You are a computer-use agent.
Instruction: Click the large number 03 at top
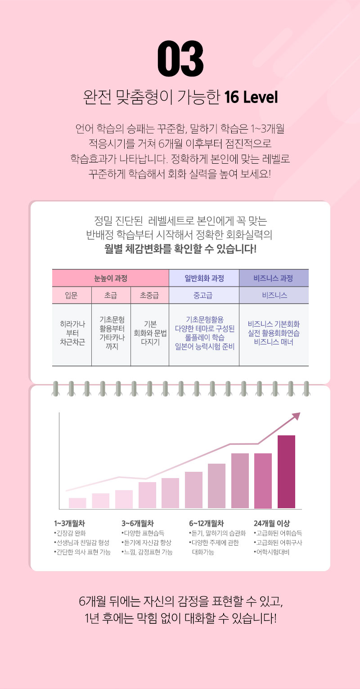click(180, 59)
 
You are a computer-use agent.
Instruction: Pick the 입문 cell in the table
click(72, 295)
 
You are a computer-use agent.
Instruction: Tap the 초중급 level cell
click(149, 295)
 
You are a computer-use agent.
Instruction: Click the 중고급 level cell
click(204, 295)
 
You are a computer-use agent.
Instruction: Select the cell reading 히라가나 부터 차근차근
click(72, 335)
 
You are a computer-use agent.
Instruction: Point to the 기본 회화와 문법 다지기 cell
click(149, 335)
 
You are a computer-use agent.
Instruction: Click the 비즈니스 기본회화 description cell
click(274, 335)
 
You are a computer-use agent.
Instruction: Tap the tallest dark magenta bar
click(286, 472)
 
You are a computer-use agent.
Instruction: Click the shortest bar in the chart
click(77, 503)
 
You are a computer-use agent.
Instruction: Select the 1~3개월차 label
click(69, 523)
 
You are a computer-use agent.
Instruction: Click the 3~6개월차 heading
click(138, 523)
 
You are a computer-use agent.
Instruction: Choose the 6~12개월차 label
click(206, 523)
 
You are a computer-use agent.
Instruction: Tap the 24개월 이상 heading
click(272, 523)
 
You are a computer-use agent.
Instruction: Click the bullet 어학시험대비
click(273, 552)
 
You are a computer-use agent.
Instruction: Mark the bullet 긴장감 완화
click(69, 533)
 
